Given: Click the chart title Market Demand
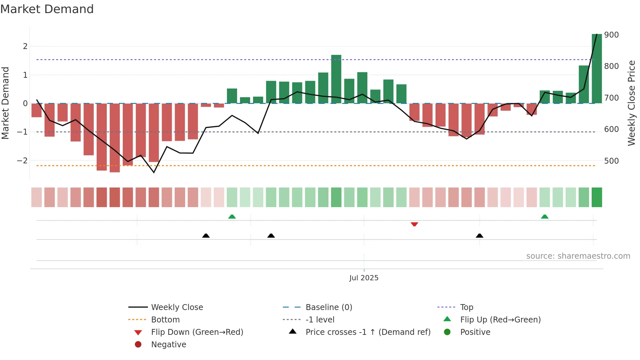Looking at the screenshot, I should pos(47,9).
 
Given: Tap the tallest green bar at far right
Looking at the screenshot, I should pos(597,69).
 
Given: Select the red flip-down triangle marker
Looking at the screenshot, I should pos(414,224).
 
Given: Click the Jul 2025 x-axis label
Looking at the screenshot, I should pos(364,278).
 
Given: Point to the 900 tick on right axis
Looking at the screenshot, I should pos(611,35).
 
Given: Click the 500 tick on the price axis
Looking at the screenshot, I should pos(611,161).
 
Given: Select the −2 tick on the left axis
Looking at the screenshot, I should pos(23,161).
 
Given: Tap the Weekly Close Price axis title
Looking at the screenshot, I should pos(632,103).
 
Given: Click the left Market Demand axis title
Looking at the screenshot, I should pos(6,103).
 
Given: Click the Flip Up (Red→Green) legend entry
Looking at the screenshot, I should pos(500,320).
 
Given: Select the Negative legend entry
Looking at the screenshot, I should pos(168,345).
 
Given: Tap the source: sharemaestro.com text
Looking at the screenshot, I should pos(578,256).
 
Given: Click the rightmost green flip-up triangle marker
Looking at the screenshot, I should pos(544,217).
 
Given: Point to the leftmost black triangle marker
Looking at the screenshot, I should pos(206,236).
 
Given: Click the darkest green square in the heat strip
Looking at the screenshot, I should pos(597,197).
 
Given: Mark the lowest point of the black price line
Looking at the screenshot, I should pos(154,172).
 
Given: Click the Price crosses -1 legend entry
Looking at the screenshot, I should pos(368,332).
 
